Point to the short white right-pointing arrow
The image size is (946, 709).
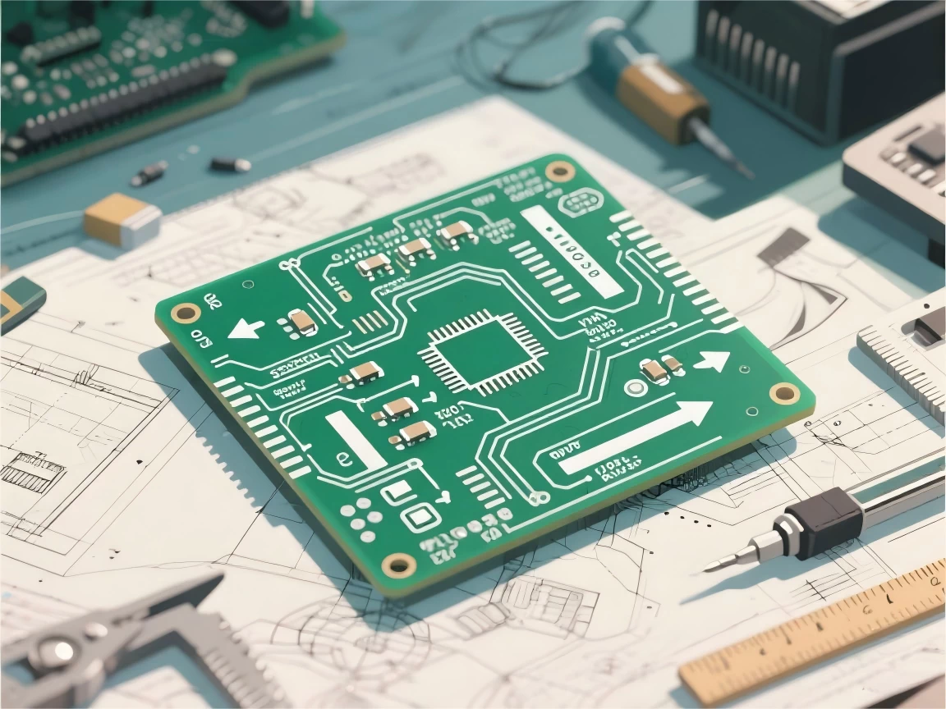pos(714,360)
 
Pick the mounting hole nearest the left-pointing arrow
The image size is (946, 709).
pos(186,313)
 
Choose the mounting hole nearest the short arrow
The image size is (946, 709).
pos(783,394)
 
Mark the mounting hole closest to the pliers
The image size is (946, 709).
pos(400,564)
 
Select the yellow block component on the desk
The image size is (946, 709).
pos(122,218)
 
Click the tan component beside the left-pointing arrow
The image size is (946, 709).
pos(303,322)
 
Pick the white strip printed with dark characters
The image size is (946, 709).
pos(570,251)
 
